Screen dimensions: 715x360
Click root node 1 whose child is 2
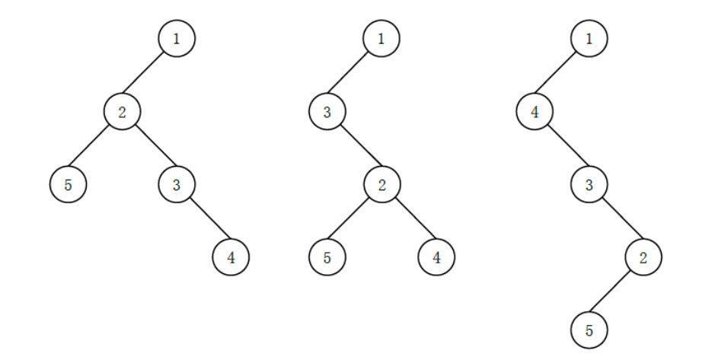coord(177,38)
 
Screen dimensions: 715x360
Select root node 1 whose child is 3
coord(381,38)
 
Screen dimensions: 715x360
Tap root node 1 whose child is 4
coord(589,38)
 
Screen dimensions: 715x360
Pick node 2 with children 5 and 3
coord(122,112)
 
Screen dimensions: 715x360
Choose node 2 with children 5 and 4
coord(382,184)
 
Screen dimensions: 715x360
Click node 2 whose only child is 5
coord(643,257)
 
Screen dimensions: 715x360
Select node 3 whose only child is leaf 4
coord(177,184)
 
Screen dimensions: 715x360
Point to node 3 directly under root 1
coord(327,112)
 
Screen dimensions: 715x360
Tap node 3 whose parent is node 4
coord(589,184)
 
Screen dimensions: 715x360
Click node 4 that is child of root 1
coord(535,112)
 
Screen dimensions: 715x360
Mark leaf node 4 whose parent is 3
coord(231,257)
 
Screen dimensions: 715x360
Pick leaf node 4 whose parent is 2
coord(436,257)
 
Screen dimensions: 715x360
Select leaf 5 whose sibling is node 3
coord(68,184)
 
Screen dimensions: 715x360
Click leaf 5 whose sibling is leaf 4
coord(327,257)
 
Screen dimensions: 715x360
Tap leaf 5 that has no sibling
coord(589,330)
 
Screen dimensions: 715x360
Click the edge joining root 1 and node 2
coord(142,72)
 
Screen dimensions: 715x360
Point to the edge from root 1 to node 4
coord(555,72)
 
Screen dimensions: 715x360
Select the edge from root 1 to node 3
coord(348,72)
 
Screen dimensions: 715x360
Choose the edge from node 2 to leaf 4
coord(416,218)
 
